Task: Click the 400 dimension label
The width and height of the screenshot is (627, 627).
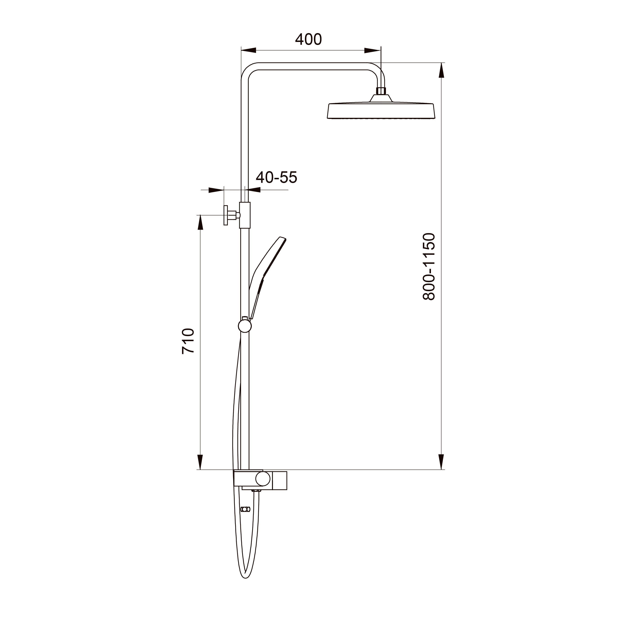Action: coord(308,39)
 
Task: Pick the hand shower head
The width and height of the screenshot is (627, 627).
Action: coord(267,277)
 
